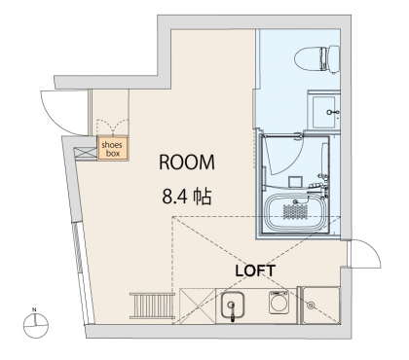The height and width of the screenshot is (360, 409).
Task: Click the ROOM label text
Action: pyautogui.click(x=187, y=162)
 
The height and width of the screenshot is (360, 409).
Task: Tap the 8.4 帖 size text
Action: pyautogui.click(x=187, y=197)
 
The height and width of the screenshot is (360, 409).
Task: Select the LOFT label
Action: pyautogui.click(x=255, y=270)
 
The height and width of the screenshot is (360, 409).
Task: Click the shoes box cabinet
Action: pyautogui.click(x=113, y=148)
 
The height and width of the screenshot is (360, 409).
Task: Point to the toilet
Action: pyautogui.click(x=316, y=59)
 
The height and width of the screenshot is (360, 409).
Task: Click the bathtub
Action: pyautogui.click(x=296, y=212)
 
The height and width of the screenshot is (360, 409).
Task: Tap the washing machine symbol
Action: pyautogui.click(x=279, y=303)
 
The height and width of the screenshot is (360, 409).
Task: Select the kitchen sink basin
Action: pyautogui.click(x=232, y=305)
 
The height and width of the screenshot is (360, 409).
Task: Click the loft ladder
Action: pyautogui.click(x=152, y=306)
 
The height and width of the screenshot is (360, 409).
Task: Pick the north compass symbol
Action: pyautogui.click(x=36, y=325)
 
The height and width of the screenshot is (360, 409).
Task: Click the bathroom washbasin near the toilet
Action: pyautogui.click(x=324, y=112)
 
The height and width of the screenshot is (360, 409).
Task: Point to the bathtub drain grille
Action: pyautogui.click(x=295, y=212)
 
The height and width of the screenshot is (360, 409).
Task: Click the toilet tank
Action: pyautogui.click(x=330, y=59)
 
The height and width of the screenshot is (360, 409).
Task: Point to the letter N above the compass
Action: pyautogui.click(x=34, y=309)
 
